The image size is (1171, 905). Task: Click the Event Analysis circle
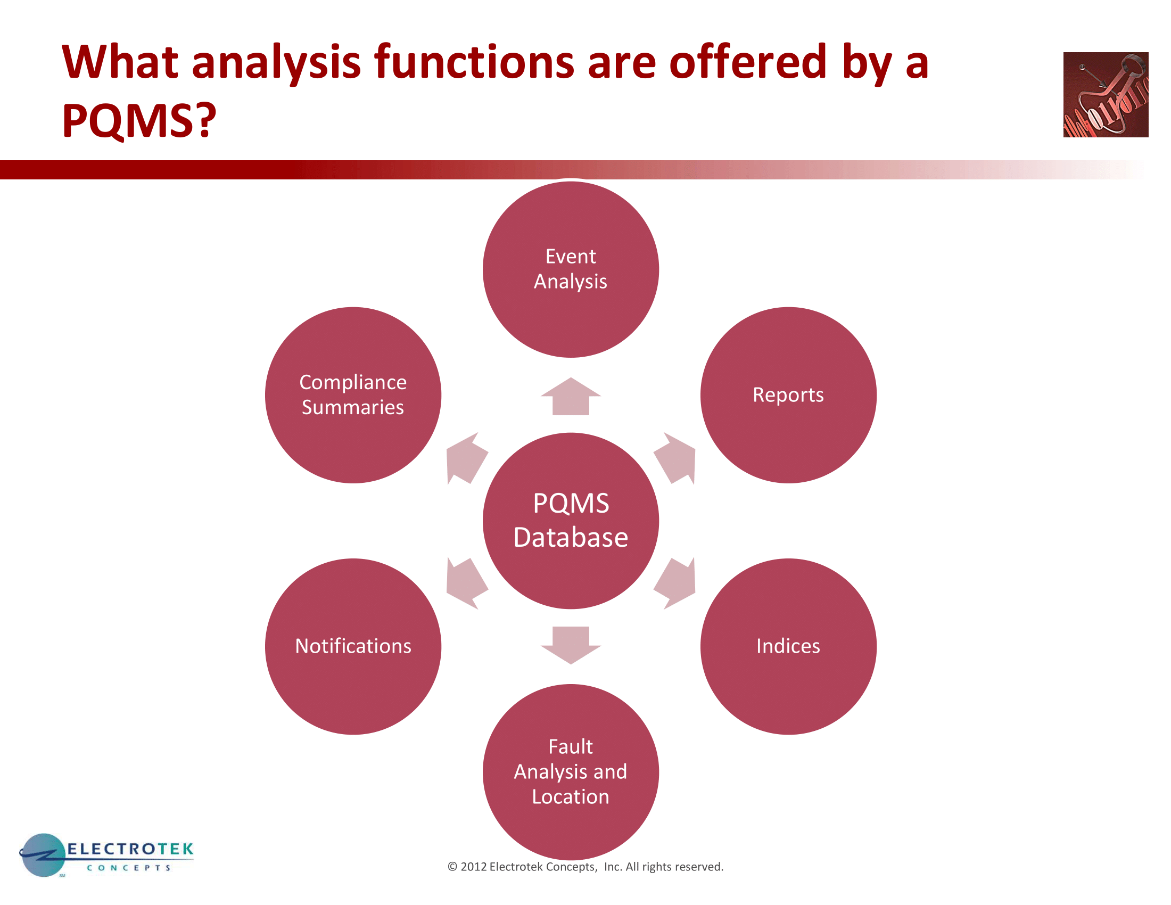point(571,269)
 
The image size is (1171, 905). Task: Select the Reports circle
point(788,395)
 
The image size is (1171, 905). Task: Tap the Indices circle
point(788,647)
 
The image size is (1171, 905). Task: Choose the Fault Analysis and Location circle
point(571,772)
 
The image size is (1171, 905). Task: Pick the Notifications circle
point(353,647)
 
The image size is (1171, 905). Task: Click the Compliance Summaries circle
point(353,395)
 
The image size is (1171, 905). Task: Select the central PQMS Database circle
point(571,521)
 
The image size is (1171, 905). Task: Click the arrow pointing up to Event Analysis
point(571,396)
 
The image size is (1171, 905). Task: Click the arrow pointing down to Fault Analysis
point(571,645)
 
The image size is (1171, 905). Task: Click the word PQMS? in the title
point(139,120)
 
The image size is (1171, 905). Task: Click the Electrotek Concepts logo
point(106,855)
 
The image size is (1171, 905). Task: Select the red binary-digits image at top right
point(1106,94)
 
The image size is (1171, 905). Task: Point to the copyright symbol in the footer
point(452,867)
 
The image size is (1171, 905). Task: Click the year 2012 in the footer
point(473,867)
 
